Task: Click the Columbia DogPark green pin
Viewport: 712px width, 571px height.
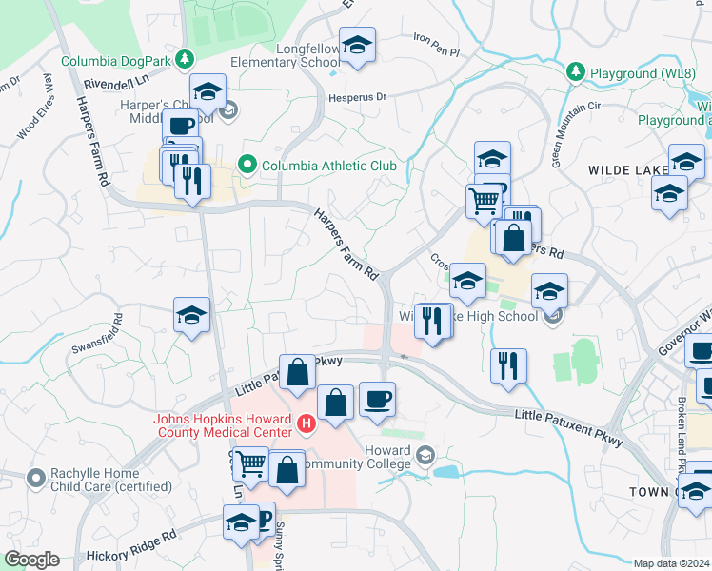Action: point(189,61)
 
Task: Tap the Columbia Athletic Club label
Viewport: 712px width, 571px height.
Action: point(328,167)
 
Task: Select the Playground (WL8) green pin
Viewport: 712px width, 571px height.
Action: point(576,72)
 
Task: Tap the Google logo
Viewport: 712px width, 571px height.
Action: point(31,560)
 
